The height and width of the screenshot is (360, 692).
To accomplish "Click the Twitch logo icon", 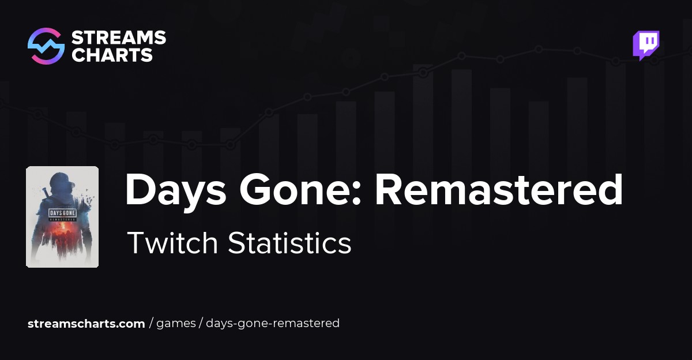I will [x=646, y=46].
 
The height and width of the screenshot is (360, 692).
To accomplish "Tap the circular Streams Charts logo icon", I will [x=46, y=46].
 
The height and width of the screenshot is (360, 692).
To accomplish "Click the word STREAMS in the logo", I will [x=118, y=38].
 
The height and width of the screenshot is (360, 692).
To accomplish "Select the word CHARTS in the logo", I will [x=112, y=55].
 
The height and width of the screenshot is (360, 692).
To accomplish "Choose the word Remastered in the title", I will [x=499, y=190].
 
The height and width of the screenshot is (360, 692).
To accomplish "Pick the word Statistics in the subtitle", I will [x=289, y=243].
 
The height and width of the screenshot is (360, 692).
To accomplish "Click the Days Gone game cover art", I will [x=62, y=217].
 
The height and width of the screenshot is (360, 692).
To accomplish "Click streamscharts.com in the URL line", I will [x=86, y=324].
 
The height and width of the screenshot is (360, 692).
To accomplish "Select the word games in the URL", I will [x=176, y=324].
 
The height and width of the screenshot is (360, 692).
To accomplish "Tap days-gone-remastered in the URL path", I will [x=273, y=324].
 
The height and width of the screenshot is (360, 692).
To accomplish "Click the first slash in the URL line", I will [x=151, y=324].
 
